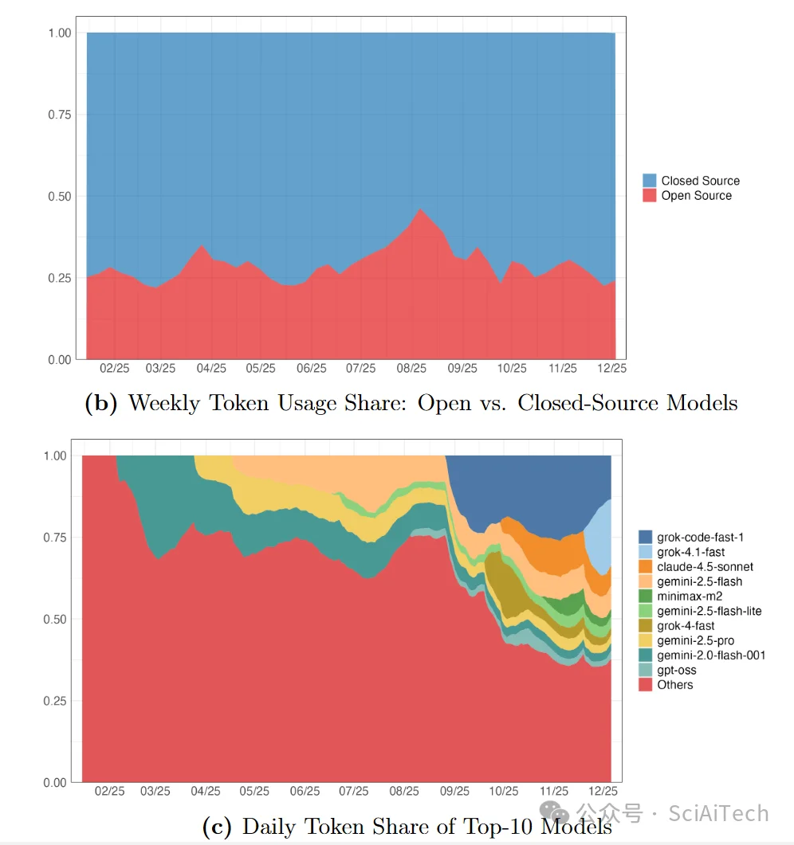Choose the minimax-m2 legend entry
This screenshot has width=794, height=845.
point(690,597)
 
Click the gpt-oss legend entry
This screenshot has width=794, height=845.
point(676,670)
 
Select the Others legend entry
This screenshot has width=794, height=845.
point(674,685)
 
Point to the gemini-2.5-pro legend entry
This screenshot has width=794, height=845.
point(695,640)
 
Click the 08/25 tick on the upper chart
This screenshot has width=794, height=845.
point(411,369)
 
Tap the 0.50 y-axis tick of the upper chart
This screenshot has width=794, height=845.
point(59,197)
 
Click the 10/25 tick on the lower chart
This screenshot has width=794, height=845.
point(504,792)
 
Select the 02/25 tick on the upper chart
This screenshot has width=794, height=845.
point(115,369)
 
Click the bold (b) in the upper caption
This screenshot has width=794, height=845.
point(101,403)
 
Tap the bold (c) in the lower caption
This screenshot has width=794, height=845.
point(216,827)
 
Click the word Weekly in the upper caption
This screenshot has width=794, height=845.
point(164,403)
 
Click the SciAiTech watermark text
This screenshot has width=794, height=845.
point(718,814)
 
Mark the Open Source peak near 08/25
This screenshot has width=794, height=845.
point(421,209)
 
